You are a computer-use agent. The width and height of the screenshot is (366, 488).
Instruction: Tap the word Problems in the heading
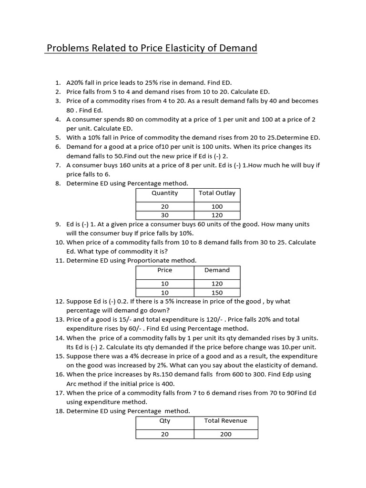pos(67,48)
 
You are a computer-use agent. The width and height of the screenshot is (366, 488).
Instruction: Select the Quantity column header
pos(164,193)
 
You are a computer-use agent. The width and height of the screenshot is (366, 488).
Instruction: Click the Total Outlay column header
pos(217,193)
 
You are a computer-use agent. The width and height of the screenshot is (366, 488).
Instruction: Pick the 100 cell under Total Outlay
pos(217,207)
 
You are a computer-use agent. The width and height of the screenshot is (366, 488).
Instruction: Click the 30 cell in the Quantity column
pos(164,215)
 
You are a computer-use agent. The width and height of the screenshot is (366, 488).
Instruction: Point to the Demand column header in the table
pos(217,270)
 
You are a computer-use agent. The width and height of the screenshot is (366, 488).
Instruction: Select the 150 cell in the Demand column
pos(217,293)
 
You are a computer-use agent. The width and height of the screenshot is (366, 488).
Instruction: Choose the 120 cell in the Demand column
pos(217,284)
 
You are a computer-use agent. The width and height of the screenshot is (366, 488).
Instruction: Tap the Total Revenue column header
pos(225,421)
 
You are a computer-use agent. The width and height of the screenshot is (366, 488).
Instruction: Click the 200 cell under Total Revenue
pos(225,434)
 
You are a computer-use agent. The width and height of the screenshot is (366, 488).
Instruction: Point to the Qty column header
pos(164,421)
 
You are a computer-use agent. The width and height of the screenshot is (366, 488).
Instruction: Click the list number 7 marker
pos(58,165)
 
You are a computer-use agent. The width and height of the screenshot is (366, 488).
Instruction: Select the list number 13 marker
pos(58,319)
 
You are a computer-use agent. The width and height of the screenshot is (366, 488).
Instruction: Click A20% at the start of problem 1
pos(75,82)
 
